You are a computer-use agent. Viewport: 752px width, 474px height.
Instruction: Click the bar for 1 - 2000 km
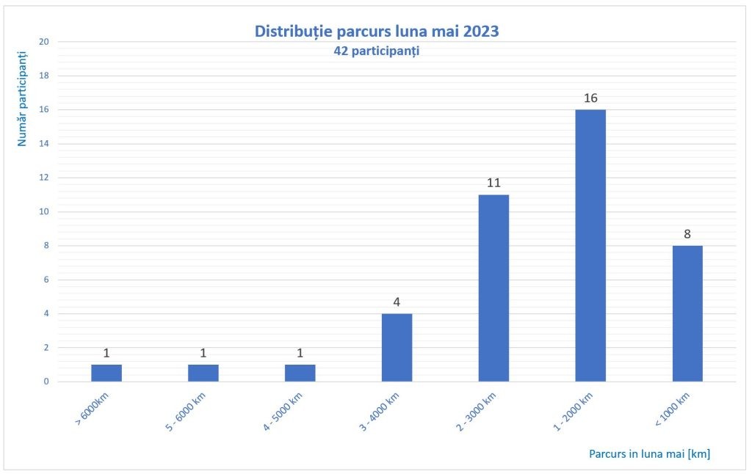pos(590,245)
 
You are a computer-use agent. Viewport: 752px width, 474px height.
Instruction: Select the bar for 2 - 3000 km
pos(493,288)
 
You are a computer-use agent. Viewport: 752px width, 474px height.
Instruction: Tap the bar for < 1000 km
pos(687,313)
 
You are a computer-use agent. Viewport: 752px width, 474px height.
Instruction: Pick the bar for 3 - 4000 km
pos(397,347)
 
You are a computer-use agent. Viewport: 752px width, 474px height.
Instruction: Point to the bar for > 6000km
pos(106,373)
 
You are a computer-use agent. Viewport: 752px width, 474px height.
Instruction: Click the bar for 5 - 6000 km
pos(203,373)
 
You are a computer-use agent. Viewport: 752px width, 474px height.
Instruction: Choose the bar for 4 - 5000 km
pos(300,373)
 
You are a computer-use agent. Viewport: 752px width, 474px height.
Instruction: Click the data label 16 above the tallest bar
pos(590,98)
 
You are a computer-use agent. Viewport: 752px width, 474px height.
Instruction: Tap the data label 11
pos(493,183)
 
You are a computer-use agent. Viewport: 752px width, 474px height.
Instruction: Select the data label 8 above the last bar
pos(687,234)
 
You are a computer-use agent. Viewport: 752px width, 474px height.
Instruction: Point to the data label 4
pos(397,302)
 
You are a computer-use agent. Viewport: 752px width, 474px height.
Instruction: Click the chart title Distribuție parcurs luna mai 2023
pos(376,32)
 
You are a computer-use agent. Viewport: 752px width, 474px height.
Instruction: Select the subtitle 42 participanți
pos(376,52)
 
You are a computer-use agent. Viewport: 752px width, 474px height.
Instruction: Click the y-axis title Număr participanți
pos(23,98)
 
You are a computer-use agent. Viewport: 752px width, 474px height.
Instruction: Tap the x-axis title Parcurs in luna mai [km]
pos(649,453)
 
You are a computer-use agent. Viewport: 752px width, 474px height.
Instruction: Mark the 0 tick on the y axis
pos(46,382)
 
